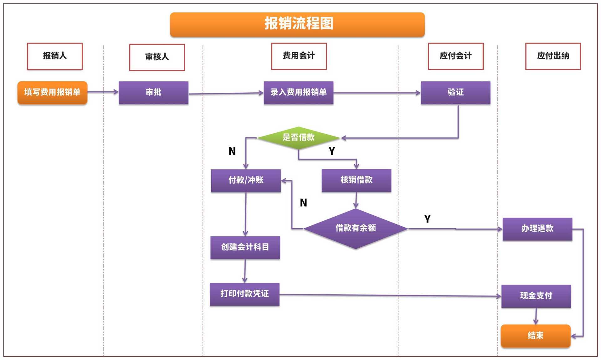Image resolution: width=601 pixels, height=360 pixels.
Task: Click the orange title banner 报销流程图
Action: click(297, 24)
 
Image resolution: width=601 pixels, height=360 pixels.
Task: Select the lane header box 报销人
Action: click(55, 56)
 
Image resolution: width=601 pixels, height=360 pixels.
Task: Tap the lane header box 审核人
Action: click(157, 57)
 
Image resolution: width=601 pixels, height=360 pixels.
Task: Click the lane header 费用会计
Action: click(299, 56)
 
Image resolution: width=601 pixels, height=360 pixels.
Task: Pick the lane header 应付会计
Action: click(455, 56)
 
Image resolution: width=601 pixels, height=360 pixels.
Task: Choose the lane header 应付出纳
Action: click(553, 56)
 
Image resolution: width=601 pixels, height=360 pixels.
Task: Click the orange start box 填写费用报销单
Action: click(52, 92)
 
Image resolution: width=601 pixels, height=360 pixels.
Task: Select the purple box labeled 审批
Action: click(153, 93)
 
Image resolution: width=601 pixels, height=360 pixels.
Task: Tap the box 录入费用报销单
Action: click(298, 93)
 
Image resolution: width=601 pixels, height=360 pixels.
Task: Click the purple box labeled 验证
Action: click(455, 93)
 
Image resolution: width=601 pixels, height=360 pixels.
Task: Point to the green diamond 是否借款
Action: click(298, 137)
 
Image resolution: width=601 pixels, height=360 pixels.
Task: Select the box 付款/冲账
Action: click(246, 180)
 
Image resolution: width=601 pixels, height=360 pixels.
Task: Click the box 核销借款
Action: click(356, 180)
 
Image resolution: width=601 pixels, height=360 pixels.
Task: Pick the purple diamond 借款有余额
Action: click(356, 228)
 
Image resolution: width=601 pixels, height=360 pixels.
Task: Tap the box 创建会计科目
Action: click(245, 247)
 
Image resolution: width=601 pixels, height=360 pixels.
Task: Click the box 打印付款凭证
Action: click(244, 294)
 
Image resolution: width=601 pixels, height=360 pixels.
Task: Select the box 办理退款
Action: click(537, 229)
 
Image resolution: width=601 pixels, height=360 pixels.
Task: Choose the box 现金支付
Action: click(536, 296)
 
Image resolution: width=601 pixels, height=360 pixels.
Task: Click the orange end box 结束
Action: click(535, 336)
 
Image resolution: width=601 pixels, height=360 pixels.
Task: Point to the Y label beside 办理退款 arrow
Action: click(427, 219)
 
